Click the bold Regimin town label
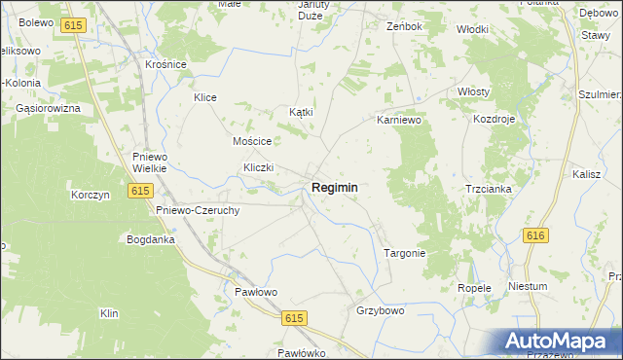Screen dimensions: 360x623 (334, 187)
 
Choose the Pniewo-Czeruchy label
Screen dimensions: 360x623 (198, 209)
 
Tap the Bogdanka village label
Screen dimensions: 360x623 (150, 238)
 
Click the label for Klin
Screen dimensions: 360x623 (109, 313)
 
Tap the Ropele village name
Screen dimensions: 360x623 (474, 288)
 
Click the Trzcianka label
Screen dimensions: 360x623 (489, 189)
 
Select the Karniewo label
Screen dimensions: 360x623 (398, 122)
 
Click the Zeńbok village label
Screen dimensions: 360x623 (404, 26)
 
